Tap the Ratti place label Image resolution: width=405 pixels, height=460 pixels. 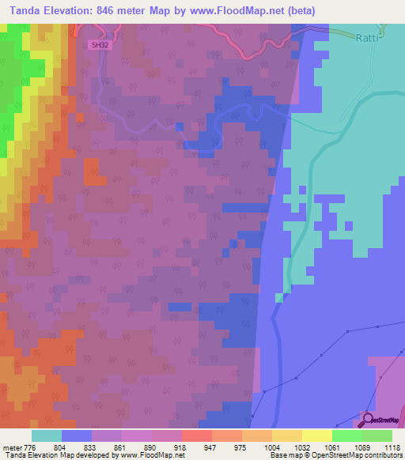(x=369, y=37)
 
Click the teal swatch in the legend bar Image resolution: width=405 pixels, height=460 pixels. (x=47, y=435)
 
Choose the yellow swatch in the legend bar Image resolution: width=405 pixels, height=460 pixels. (x=317, y=435)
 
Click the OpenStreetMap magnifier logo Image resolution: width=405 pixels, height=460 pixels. (x=368, y=418)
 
